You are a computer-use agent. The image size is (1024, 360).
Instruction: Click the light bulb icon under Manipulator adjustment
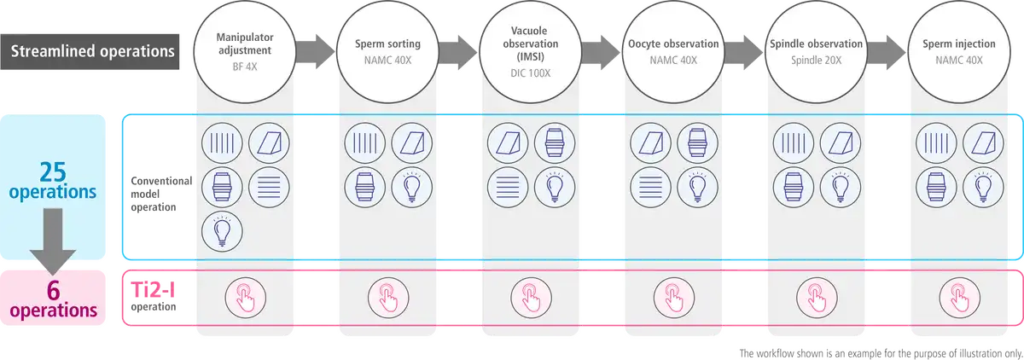click(220, 229)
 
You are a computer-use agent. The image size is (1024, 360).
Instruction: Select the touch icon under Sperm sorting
click(386, 298)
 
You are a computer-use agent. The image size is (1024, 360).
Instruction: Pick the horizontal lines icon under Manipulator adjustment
click(268, 185)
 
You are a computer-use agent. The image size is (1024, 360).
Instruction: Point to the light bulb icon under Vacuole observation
click(554, 185)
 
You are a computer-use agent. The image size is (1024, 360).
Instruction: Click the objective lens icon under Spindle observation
click(793, 185)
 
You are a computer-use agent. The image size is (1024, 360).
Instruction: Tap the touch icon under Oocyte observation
click(672, 298)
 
